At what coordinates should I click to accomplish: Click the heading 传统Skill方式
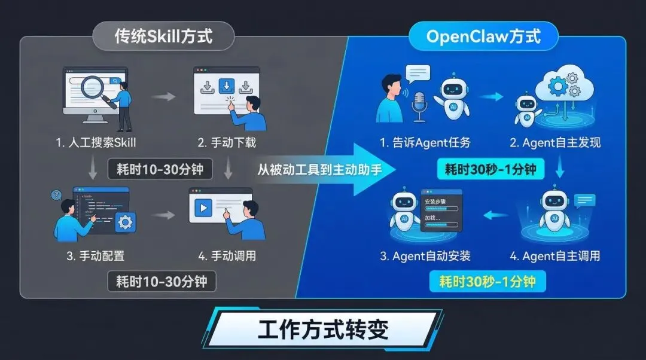[x=163, y=36]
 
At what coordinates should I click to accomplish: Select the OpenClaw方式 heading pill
[x=483, y=36]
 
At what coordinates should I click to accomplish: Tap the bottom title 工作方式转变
[x=323, y=330]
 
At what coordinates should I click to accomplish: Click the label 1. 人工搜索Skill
[x=96, y=142]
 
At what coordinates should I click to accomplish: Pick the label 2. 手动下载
[x=227, y=142]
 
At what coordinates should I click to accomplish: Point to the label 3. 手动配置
[x=96, y=256]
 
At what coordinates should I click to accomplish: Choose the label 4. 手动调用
[x=227, y=256]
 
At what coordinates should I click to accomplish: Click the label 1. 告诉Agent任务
[x=425, y=142]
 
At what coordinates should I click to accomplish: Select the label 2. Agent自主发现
[x=555, y=142]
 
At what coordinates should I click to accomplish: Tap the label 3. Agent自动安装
[x=425, y=256]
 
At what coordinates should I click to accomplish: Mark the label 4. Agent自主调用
[x=555, y=256]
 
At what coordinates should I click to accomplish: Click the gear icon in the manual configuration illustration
[x=125, y=222]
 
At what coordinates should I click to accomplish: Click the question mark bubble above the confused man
[x=57, y=195]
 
